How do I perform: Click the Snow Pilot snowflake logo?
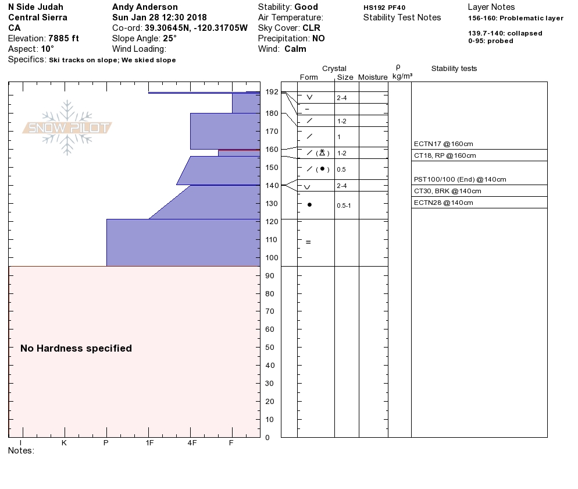pyautogui.click(x=67, y=128)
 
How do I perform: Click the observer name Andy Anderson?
pyautogui.click(x=145, y=7)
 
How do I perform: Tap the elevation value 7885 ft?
pyautogui.click(x=63, y=38)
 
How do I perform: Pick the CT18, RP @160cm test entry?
pyautogui.click(x=445, y=155)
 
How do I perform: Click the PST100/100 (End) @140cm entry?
pyautogui.click(x=460, y=179)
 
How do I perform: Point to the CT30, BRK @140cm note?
pyautogui.click(x=447, y=191)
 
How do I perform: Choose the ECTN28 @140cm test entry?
pyautogui.click(x=443, y=203)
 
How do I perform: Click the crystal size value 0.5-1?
pyautogui.click(x=344, y=205)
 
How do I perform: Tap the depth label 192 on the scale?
pyautogui.click(x=272, y=92)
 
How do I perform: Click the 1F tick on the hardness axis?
pyautogui.click(x=149, y=443)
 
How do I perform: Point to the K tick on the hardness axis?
pyautogui.click(x=64, y=443)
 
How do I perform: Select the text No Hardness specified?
pyautogui.click(x=76, y=349)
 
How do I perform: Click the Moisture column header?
pyautogui.click(x=373, y=77)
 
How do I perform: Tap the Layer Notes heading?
pyautogui.click(x=491, y=7)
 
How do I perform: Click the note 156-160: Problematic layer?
pyautogui.click(x=515, y=18)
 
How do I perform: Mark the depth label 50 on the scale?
pyautogui.click(x=269, y=348)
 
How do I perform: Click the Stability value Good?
pyautogui.click(x=306, y=7)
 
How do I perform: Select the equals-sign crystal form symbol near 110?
pyautogui.click(x=308, y=242)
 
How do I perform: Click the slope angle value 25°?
pyautogui.click(x=169, y=38)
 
